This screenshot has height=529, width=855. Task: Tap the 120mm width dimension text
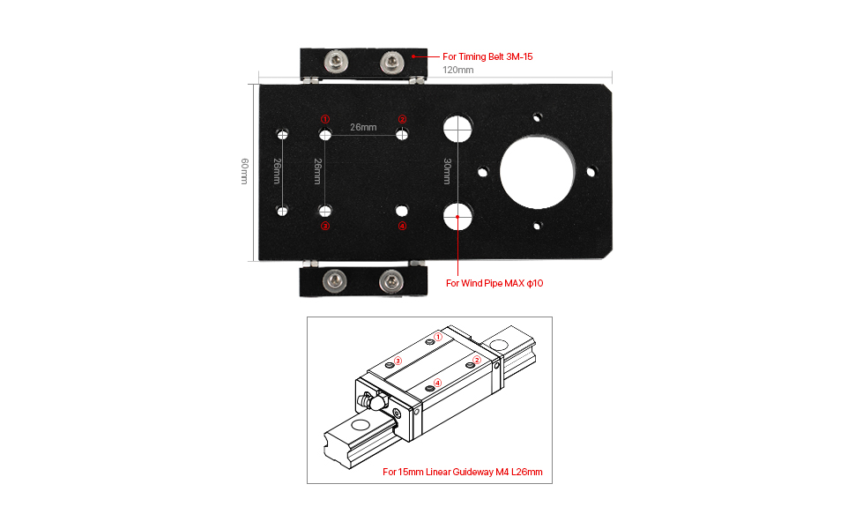tap(457, 70)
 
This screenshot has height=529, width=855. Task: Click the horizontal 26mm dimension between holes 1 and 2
tap(363, 127)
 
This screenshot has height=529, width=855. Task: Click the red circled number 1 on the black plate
tap(324, 119)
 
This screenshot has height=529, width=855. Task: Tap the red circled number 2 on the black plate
tap(402, 119)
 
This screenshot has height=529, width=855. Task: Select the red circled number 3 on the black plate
tap(324, 227)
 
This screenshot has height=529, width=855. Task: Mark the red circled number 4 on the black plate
tap(402, 227)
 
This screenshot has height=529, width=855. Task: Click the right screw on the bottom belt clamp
tap(390, 281)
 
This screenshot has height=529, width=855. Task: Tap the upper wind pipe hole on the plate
tap(457, 130)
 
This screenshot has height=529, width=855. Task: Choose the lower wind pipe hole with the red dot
tap(457, 214)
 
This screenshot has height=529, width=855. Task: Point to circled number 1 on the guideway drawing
tap(438, 336)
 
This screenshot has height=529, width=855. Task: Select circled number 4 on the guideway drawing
tap(438, 382)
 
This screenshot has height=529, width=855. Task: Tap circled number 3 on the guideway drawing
tap(398, 360)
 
